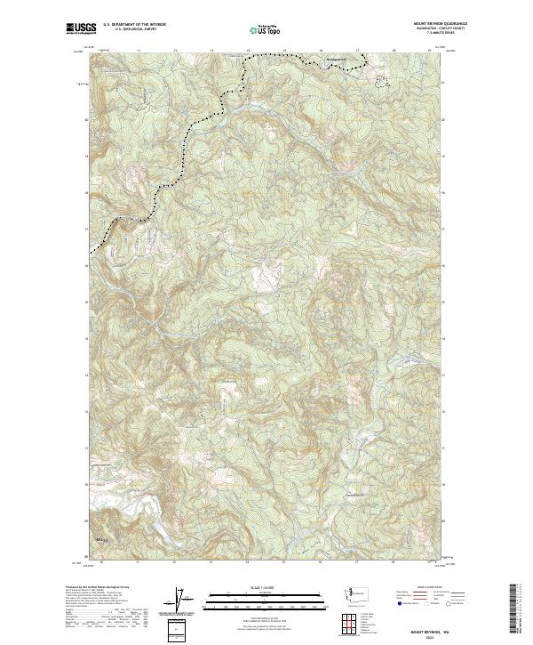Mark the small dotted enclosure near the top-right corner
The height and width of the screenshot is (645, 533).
381,81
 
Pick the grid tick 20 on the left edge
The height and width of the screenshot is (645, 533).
87,119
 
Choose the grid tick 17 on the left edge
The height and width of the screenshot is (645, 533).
87,229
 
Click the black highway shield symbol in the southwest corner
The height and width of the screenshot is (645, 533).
99,541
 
